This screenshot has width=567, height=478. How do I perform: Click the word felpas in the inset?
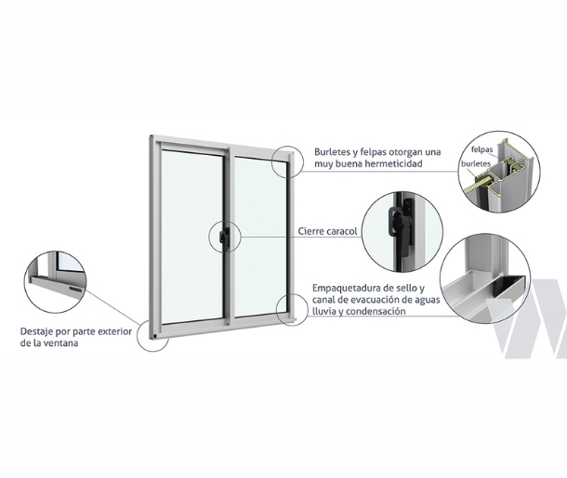click(481, 149)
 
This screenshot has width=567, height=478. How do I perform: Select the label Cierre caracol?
click(328, 231)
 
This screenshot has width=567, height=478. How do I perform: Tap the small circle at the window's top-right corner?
click(283, 161)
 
